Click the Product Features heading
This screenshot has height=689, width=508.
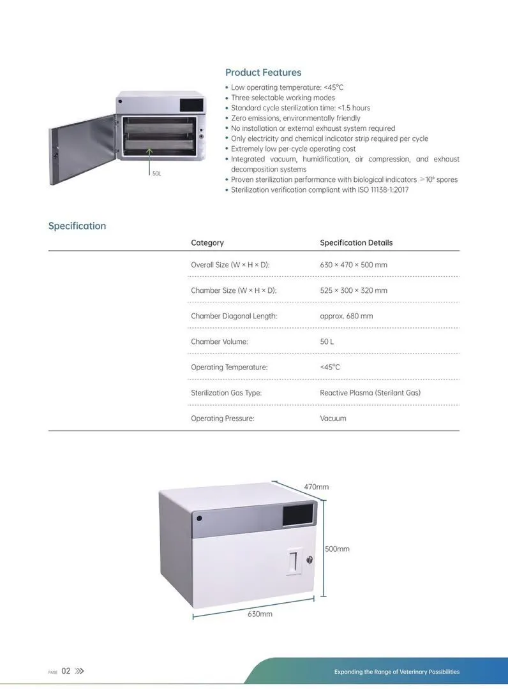point(263,73)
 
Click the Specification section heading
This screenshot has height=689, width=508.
point(77,226)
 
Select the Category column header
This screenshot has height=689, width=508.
point(207,242)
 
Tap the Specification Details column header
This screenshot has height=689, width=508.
point(356,242)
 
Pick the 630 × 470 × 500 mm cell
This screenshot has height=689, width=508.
point(354,265)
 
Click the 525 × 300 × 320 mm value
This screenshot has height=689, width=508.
point(354,290)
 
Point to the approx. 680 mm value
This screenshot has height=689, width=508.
point(347,316)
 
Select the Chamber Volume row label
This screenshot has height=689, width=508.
point(220,341)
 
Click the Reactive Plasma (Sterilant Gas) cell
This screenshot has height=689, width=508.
point(370,393)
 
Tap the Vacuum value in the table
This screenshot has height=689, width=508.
point(333,419)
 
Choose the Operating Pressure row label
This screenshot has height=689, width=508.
point(223,419)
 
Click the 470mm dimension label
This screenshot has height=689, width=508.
point(317,487)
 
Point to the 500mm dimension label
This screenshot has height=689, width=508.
point(337,549)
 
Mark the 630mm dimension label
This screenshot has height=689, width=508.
point(260,614)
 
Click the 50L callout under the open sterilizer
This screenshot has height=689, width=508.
point(156,174)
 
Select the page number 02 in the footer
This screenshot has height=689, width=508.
point(66,671)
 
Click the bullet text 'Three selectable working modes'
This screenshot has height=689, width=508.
point(283,98)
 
